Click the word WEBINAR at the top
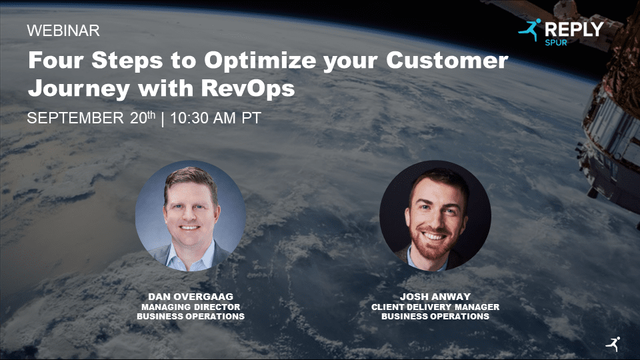pyautogui.click(x=63, y=31)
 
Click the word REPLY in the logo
pyautogui.click(x=574, y=29)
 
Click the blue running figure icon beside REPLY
pyautogui.click(x=530, y=30)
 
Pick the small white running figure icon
pyautogui.click(x=613, y=343)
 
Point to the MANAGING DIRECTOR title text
pyautogui.click(x=190, y=307)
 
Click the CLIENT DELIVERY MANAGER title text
pyautogui.click(x=435, y=307)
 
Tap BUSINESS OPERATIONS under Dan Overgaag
pyautogui.click(x=190, y=316)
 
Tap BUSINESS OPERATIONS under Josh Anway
pyautogui.click(x=435, y=316)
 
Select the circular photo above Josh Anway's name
pyautogui.click(x=435, y=215)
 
